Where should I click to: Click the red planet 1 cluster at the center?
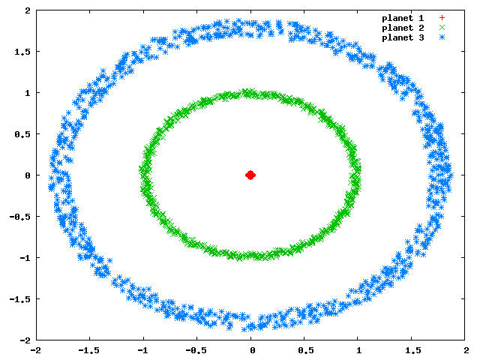coord(250,175)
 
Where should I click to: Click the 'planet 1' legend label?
coord(403,18)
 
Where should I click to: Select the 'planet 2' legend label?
coord(403,28)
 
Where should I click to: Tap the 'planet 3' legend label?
coord(403,37)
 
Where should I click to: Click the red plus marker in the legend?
coord(442,18)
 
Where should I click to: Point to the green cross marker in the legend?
coord(442,28)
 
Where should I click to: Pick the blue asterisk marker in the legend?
coord(442,37)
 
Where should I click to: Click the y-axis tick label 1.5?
coord(22,52)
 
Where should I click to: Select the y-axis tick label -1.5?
coord(20,299)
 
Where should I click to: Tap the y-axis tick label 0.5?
coord(22,134)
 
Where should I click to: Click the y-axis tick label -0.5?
coord(20,217)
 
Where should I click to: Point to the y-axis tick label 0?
coord(28,175)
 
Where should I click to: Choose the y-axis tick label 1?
coord(28,93)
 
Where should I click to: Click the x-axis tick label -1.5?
coord(89,350)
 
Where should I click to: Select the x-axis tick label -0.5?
coord(196,350)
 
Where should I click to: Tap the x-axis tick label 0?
coord(253,350)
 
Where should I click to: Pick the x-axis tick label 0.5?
coord(306,350)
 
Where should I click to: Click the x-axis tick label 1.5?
coord(413,350)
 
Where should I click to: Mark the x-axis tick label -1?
coord(142,350)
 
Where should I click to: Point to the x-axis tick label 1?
coord(359,350)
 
